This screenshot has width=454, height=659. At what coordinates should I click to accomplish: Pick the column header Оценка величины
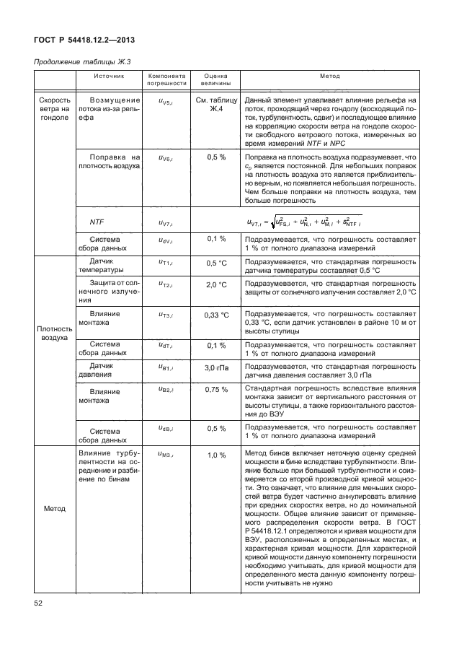tap(216, 79)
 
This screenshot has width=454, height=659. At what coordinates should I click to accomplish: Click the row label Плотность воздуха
tap(55, 333)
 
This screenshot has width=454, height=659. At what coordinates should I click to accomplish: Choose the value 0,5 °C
tap(216, 263)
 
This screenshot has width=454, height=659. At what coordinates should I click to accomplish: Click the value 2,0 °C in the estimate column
tap(216, 287)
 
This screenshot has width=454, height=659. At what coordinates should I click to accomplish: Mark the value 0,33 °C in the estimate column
tap(216, 315)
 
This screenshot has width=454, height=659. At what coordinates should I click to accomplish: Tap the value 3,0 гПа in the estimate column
tap(216, 368)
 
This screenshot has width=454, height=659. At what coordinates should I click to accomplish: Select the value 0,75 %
tap(216, 390)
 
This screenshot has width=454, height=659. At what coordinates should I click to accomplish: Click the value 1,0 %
tap(216, 455)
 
